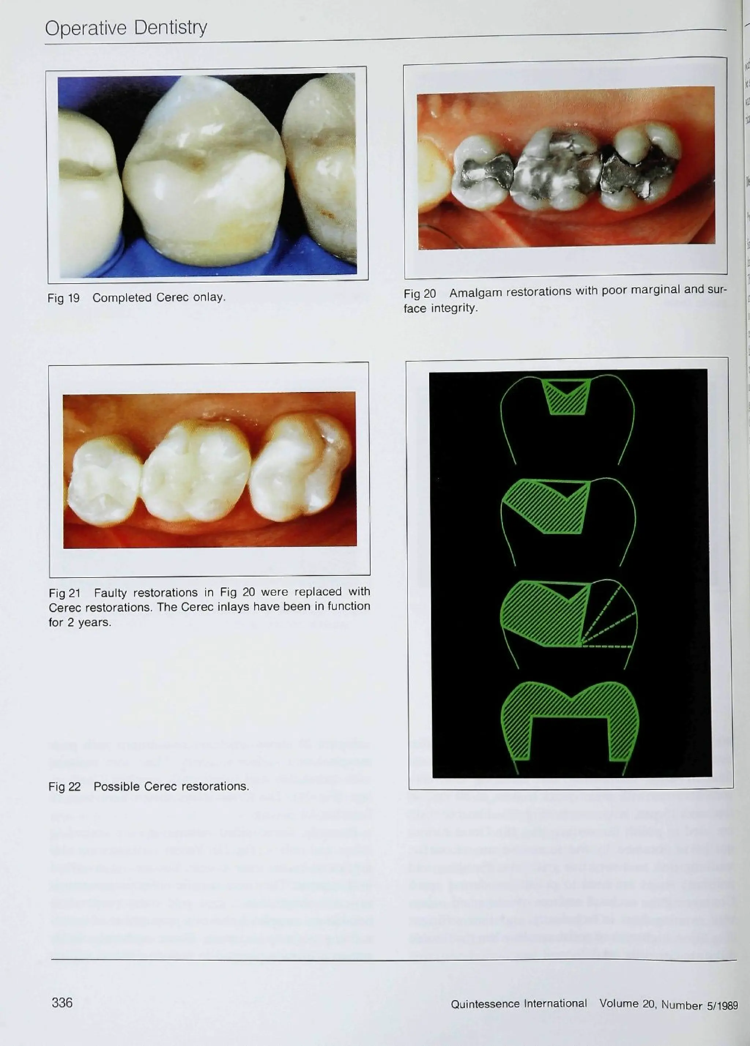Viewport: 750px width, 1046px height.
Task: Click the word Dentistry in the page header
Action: point(170,28)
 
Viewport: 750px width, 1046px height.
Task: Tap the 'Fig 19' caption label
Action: point(64,298)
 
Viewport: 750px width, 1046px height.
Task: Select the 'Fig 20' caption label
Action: point(420,294)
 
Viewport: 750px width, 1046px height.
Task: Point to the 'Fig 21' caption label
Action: point(64,593)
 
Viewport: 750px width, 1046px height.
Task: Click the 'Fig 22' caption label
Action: point(64,787)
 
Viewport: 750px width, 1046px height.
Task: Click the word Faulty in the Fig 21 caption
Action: point(110,592)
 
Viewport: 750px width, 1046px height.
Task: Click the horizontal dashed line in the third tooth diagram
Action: point(607,647)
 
